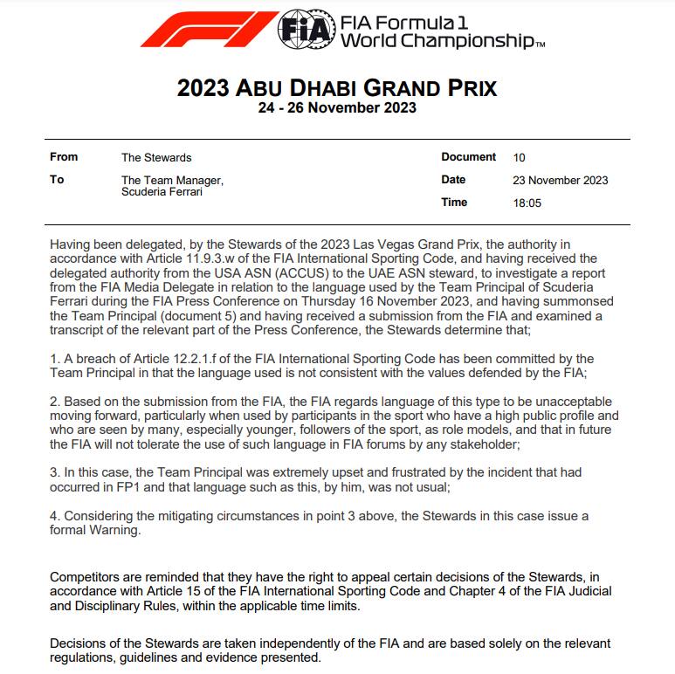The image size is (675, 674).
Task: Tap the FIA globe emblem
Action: point(306,31)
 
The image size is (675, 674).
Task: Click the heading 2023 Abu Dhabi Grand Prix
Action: point(337,88)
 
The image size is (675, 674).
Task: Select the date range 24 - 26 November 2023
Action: point(337,108)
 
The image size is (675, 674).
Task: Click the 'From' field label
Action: point(64,157)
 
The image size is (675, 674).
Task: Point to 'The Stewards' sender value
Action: point(156,158)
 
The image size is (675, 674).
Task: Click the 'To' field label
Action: point(57,180)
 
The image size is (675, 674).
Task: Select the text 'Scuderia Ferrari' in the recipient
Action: point(162,192)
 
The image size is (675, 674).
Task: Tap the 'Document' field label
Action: point(468,157)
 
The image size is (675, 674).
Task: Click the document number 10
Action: point(520,158)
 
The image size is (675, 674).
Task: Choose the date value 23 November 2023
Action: point(561,181)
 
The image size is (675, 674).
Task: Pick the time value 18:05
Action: point(527,203)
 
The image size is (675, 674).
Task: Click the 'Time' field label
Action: point(454,203)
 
